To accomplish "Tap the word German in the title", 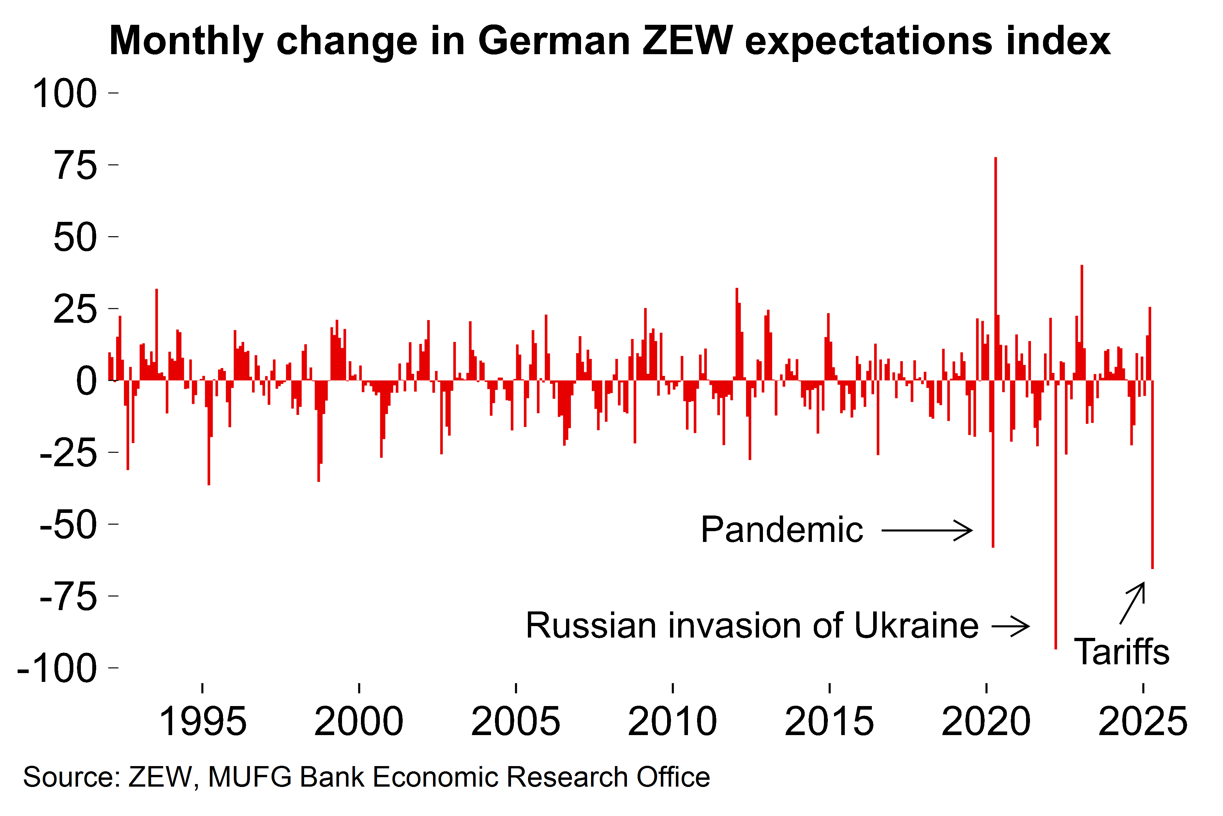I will tap(553, 42).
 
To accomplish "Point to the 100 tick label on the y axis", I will tap(65, 94).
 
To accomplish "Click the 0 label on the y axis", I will tap(86, 381).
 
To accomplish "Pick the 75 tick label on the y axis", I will tap(75, 165).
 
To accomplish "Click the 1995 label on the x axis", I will tap(203, 721).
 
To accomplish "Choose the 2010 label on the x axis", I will tap(672, 721).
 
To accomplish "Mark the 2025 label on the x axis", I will tap(1142, 721).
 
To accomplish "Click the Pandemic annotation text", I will tap(782, 530).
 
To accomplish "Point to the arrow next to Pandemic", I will tap(927, 531).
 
